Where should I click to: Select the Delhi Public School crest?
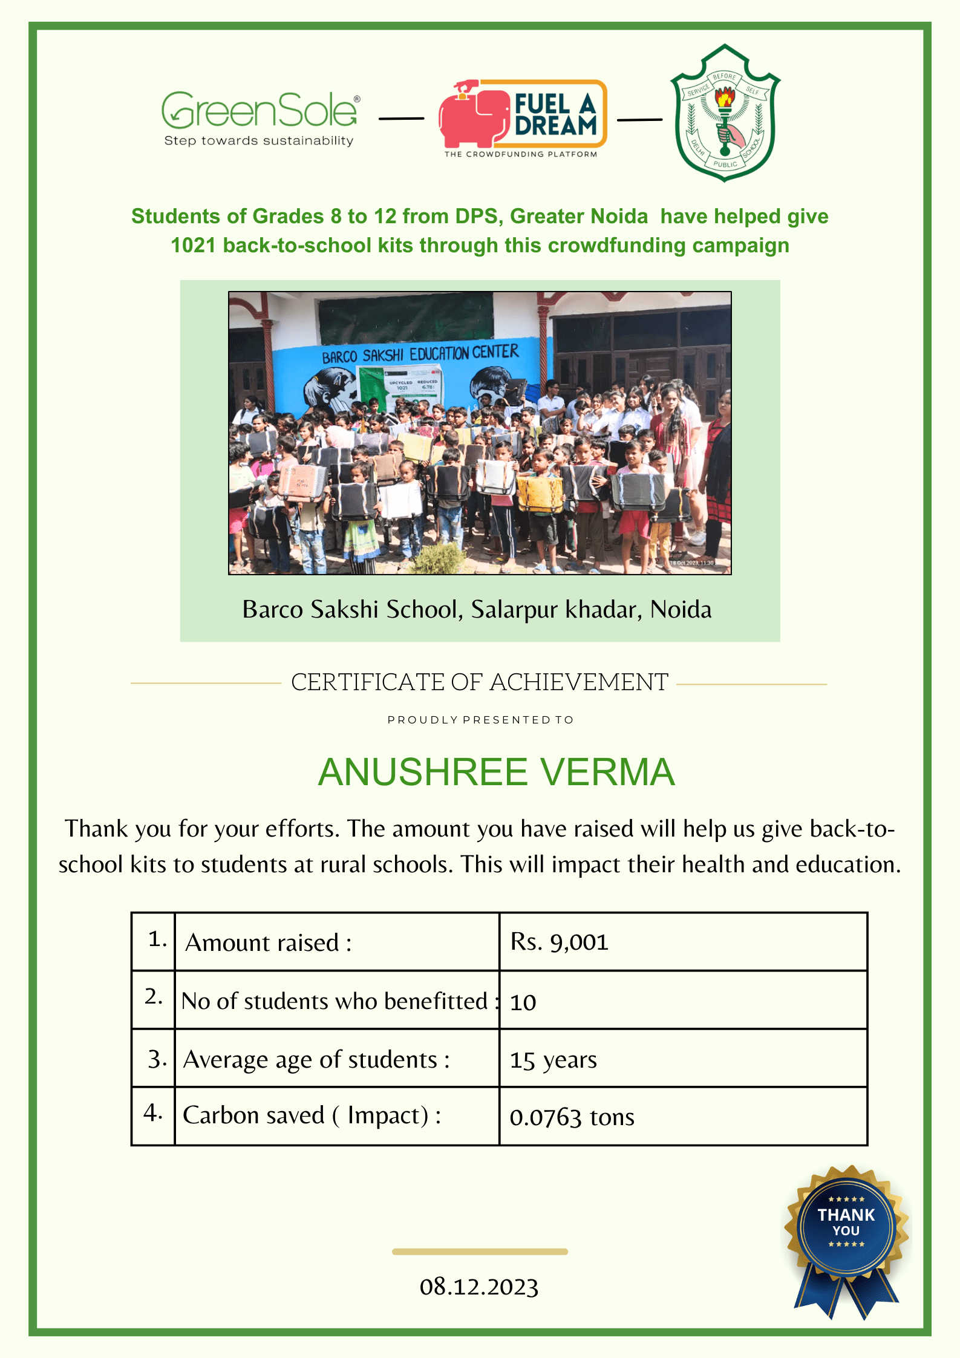click(x=725, y=113)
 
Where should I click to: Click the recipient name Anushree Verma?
click(x=496, y=772)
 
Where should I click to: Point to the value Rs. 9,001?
click(x=559, y=942)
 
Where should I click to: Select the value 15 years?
click(x=553, y=1060)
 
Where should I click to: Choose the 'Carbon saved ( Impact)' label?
click(x=312, y=1115)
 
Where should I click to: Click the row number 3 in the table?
click(x=156, y=1059)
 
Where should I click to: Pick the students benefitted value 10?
click(x=523, y=1002)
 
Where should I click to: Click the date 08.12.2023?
click(x=479, y=1287)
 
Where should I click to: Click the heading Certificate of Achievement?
click(x=480, y=682)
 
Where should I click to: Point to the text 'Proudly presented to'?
click(x=480, y=720)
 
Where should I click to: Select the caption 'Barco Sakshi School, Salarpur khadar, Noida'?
click(x=477, y=610)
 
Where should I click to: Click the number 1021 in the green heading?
click(x=193, y=246)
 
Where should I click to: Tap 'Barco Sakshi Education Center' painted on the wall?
click(x=420, y=354)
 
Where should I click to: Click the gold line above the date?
click(x=480, y=1252)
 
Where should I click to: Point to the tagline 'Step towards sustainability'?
click(x=259, y=141)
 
